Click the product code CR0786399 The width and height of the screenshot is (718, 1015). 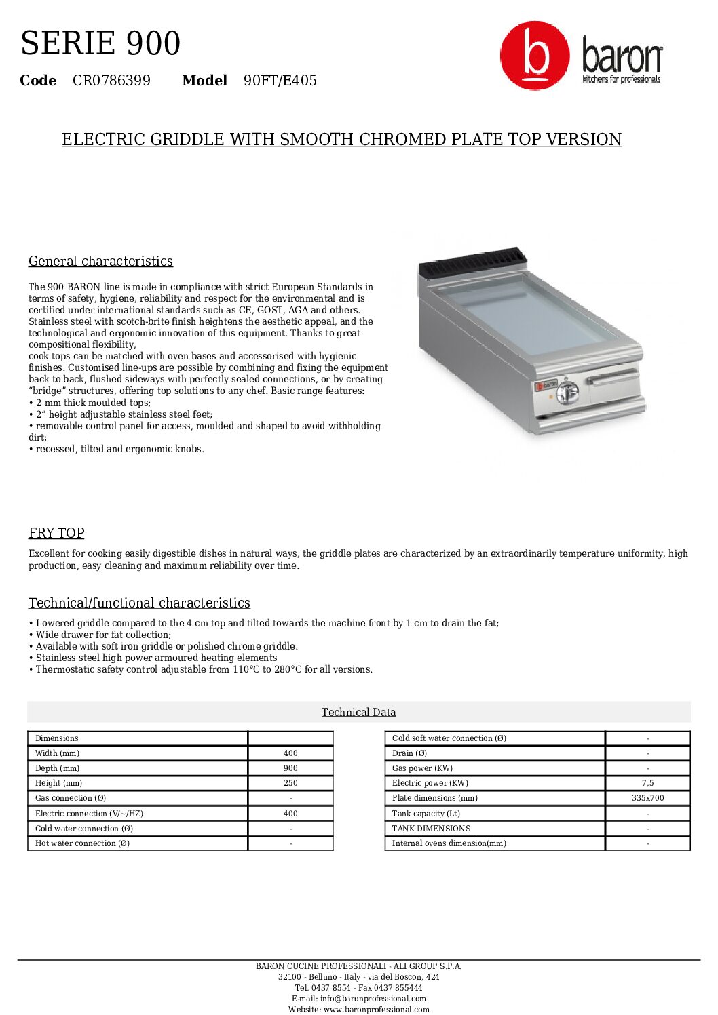[x=111, y=81]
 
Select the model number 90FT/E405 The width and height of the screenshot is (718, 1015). [x=280, y=81]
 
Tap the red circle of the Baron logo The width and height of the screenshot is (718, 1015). [x=535, y=56]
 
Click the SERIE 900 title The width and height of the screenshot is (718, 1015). [x=100, y=43]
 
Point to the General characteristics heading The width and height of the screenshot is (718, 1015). [x=100, y=261]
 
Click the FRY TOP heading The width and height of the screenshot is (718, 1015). [x=56, y=533]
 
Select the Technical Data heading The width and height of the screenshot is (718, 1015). [x=358, y=712]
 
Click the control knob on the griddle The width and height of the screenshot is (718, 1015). [x=567, y=392]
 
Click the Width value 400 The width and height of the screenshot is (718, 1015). [x=290, y=753]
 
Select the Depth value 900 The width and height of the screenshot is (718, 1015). [x=290, y=768]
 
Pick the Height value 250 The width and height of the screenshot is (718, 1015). [x=290, y=783]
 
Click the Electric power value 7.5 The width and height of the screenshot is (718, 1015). [x=647, y=783]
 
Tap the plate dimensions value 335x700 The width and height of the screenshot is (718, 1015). [x=647, y=798]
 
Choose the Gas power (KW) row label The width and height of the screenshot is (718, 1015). [x=422, y=768]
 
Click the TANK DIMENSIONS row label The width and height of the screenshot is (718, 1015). [x=431, y=829]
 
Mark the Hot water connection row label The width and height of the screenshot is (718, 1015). [x=82, y=843]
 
